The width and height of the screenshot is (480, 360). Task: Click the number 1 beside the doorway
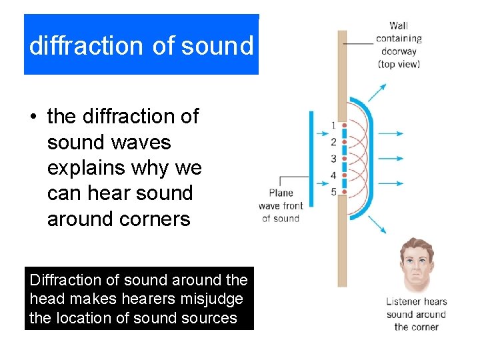point(333,125)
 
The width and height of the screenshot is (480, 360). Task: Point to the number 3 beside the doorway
point(333,159)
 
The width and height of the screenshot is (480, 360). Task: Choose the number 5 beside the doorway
point(333,192)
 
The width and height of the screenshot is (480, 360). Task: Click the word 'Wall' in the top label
point(399,26)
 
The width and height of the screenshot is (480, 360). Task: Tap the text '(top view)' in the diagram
point(399,64)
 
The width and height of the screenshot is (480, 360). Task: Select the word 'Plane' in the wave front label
point(281,193)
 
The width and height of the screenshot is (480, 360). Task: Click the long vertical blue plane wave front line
point(311,159)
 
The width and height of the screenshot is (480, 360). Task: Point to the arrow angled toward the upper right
point(377,93)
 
